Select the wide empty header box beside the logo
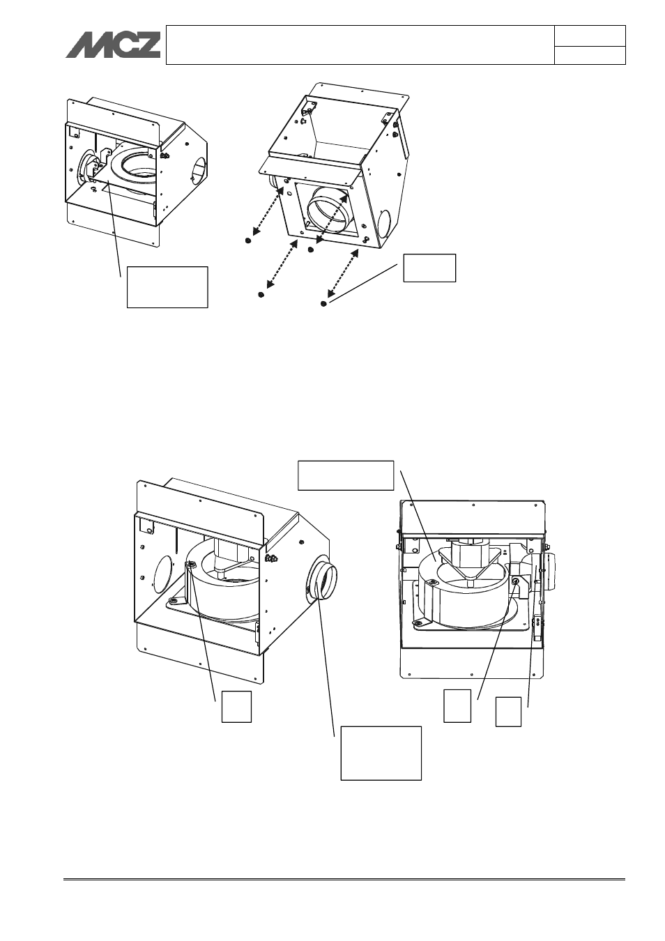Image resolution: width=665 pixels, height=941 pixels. click(x=360, y=45)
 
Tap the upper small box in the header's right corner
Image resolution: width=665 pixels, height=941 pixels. click(x=590, y=36)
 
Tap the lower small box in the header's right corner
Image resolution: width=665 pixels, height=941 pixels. click(x=590, y=56)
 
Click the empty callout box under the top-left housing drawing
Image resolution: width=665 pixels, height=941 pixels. click(x=167, y=287)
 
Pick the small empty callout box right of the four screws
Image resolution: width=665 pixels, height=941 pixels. click(x=429, y=268)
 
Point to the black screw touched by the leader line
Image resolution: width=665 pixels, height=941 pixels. click(x=323, y=304)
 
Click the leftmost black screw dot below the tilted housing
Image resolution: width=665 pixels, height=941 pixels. click(x=248, y=240)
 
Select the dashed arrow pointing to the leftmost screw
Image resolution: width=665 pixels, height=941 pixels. click(x=266, y=211)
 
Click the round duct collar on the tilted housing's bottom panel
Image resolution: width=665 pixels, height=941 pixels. click(x=329, y=211)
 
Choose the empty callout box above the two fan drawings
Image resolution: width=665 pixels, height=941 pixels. click(x=346, y=475)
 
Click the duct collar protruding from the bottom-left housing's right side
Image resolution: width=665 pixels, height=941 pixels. click(x=324, y=580)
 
